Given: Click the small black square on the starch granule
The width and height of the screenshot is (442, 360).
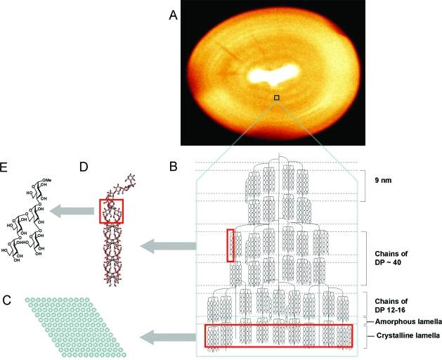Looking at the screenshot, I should [276, 98].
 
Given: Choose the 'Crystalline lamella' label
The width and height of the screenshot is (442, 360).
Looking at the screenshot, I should [404, 336].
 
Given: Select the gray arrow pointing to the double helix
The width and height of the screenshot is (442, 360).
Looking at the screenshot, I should [168, 245].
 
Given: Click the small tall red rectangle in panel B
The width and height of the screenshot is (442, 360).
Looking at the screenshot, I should [230, 245].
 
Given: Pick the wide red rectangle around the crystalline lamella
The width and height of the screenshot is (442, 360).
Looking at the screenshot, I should [288, 336].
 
